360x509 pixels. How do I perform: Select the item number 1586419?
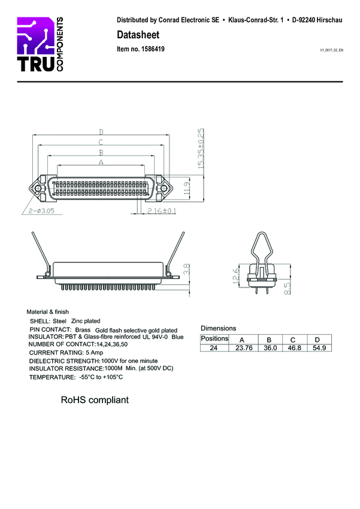pyautogui.click(x=141, y=49)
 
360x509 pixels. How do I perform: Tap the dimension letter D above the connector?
pyautogui.click(x=101, y=132)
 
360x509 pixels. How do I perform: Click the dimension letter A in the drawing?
pyautogui.click(x=101, y=162)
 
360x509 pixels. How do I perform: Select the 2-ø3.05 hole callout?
pyautogui.click(x=43, y=211)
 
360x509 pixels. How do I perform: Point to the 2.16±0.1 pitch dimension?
pyautogui.click(x=162, y=211)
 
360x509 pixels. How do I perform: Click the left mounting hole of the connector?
pyautogui.click(x=38, y=189)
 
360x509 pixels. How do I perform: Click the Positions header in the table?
pyautogui.click(x=214, y=339)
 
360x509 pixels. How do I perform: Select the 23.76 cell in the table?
pyautogui.click(x=244, y=347)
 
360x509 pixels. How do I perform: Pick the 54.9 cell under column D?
pyautogui.click(x=317, y=347)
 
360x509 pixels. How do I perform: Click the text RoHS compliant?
pyautogui.click(x=95, y=399)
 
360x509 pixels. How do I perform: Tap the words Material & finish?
pyautogui.click(x=47, y=312)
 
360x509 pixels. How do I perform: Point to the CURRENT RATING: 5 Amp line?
pyautogui.click(x=62, y=353)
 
